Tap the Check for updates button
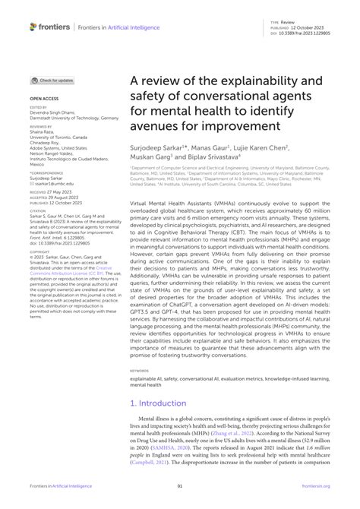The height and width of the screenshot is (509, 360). (53, 80)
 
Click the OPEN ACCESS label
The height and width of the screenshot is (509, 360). (44, 99)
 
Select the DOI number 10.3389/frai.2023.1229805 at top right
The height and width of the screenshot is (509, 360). (310, 33)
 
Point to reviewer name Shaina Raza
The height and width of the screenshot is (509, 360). (43, 133)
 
